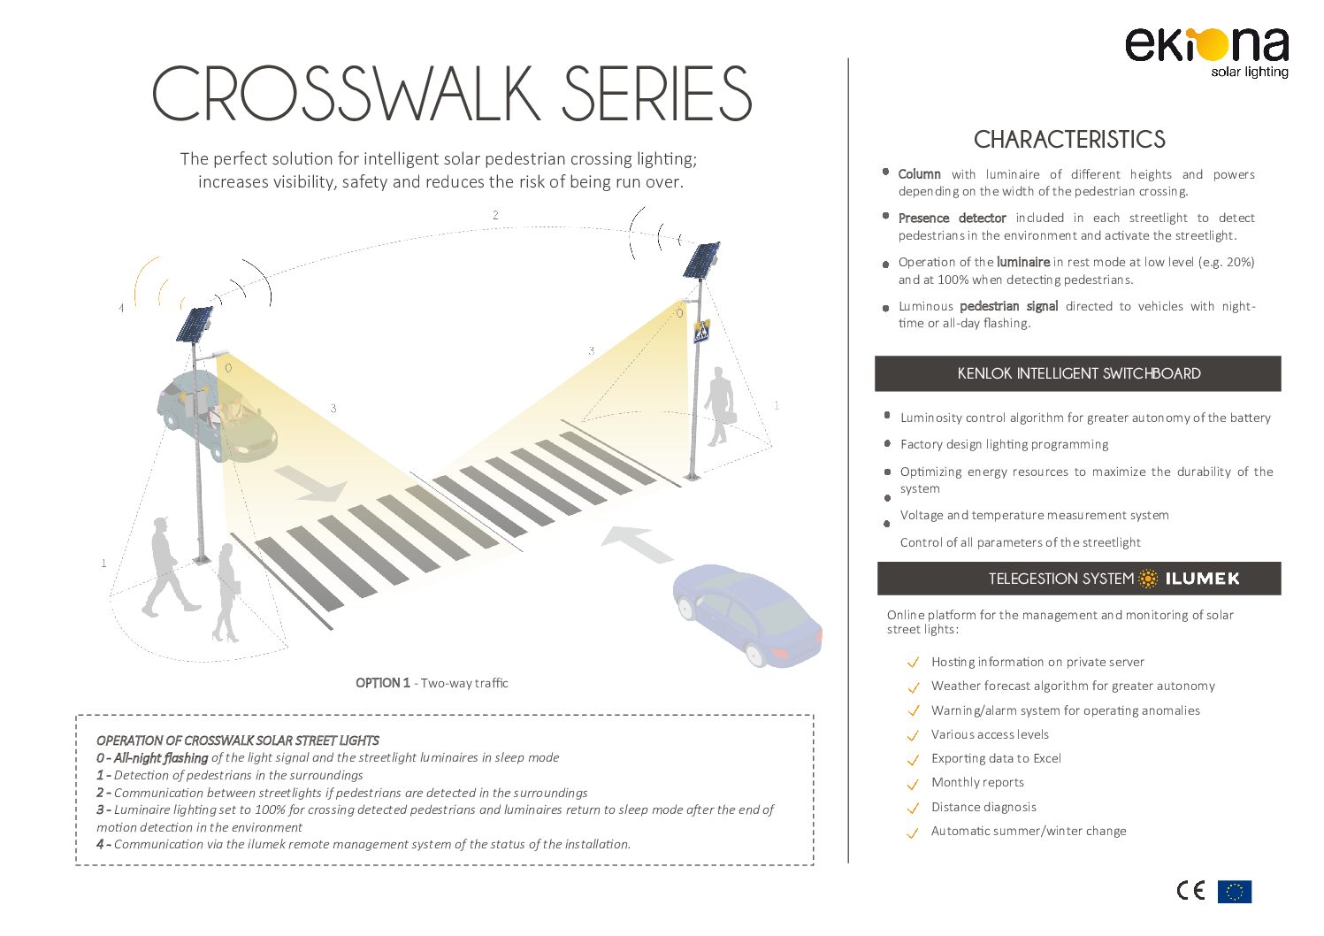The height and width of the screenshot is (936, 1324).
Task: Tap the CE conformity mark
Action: tap(1190, 891)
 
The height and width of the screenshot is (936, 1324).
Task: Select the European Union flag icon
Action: tap(1234, 891)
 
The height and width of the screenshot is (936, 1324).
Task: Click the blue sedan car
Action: tap(747, 616)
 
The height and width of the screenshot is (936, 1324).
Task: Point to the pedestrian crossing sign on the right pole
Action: tap(701, 332)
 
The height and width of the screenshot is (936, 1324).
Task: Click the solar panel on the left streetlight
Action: tap(195, 329)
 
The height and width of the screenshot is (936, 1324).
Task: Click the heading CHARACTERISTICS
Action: tap(1069, 140)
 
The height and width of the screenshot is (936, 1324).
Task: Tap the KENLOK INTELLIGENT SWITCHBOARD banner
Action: tap(1077, 373)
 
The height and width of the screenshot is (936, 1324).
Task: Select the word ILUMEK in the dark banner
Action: tap(1202, 579)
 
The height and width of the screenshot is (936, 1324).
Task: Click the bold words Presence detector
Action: tap(952, 219)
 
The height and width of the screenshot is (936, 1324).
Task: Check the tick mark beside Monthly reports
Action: tap(914, 784)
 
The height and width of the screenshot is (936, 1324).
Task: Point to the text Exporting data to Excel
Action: tap(996, 758)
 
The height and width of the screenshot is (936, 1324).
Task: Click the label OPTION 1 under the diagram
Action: tap(382, 683)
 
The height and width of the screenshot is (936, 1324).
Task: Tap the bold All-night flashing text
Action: tap(161, 757)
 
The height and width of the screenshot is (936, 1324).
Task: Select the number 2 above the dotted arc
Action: tap(495, 215)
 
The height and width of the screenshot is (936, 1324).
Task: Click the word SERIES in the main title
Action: tap(656, 93)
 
